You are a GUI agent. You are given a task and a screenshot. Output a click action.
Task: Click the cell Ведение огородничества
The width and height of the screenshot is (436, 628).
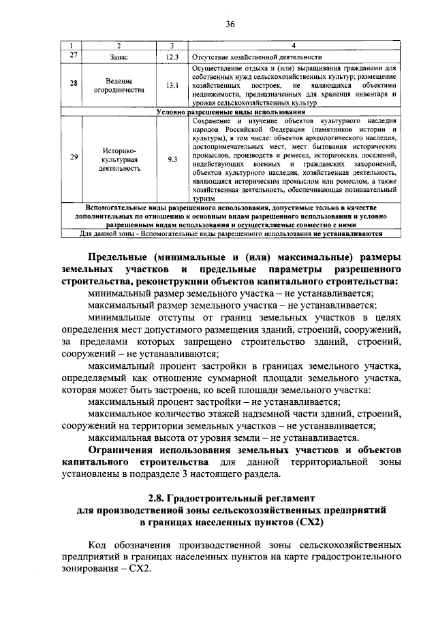[x=119, y=86]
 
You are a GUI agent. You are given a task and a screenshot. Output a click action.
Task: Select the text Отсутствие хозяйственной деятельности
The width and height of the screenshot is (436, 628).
[x=256, y=57]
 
